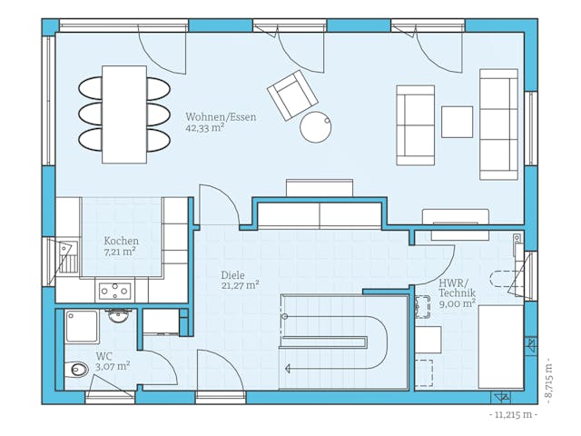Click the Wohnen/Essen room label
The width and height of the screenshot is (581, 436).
pos(221,117)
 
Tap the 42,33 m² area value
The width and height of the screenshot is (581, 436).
pos(205,129)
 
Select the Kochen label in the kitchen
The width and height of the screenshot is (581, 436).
pos(121,241)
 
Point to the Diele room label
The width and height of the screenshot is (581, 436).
pos(232,274)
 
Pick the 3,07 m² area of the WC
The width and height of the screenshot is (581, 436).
pos(113,366)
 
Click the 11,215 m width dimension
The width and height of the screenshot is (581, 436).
pos(513,415)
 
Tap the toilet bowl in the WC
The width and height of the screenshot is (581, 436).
pos(79,370)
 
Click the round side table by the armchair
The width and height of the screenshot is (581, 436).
pos(315,127)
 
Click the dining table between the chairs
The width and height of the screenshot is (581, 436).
pos(124,114)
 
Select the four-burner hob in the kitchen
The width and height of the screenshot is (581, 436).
pos(114,292)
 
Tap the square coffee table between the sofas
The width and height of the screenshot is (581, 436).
pos(457,122)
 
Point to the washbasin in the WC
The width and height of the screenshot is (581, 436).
pos(119,316)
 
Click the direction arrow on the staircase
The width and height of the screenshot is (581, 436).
pos(289,369)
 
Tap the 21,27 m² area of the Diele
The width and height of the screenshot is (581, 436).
pos(240,285)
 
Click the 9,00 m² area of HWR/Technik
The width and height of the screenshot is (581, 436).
pos(457,305)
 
